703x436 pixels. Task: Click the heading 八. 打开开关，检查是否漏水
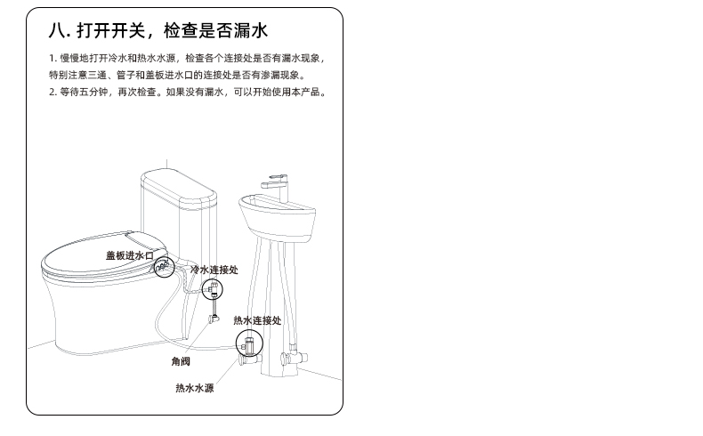coord(158,30)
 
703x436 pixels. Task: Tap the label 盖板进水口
coord(130,255)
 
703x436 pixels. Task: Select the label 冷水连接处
coord(214,270)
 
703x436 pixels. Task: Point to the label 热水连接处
coord(257,320)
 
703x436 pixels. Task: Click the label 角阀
coord(181,361)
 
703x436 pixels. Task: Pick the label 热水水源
coord(195,388)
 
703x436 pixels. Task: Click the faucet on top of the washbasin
coord(277,189)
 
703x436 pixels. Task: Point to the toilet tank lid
coord(180,188)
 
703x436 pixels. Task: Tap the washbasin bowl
coord(277,219)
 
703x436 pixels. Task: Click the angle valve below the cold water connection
coord(214,319)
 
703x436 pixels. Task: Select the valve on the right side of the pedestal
coord(294,357)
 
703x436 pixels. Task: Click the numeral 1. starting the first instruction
coord(53,58)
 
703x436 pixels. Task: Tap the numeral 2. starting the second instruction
coord(53,92)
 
